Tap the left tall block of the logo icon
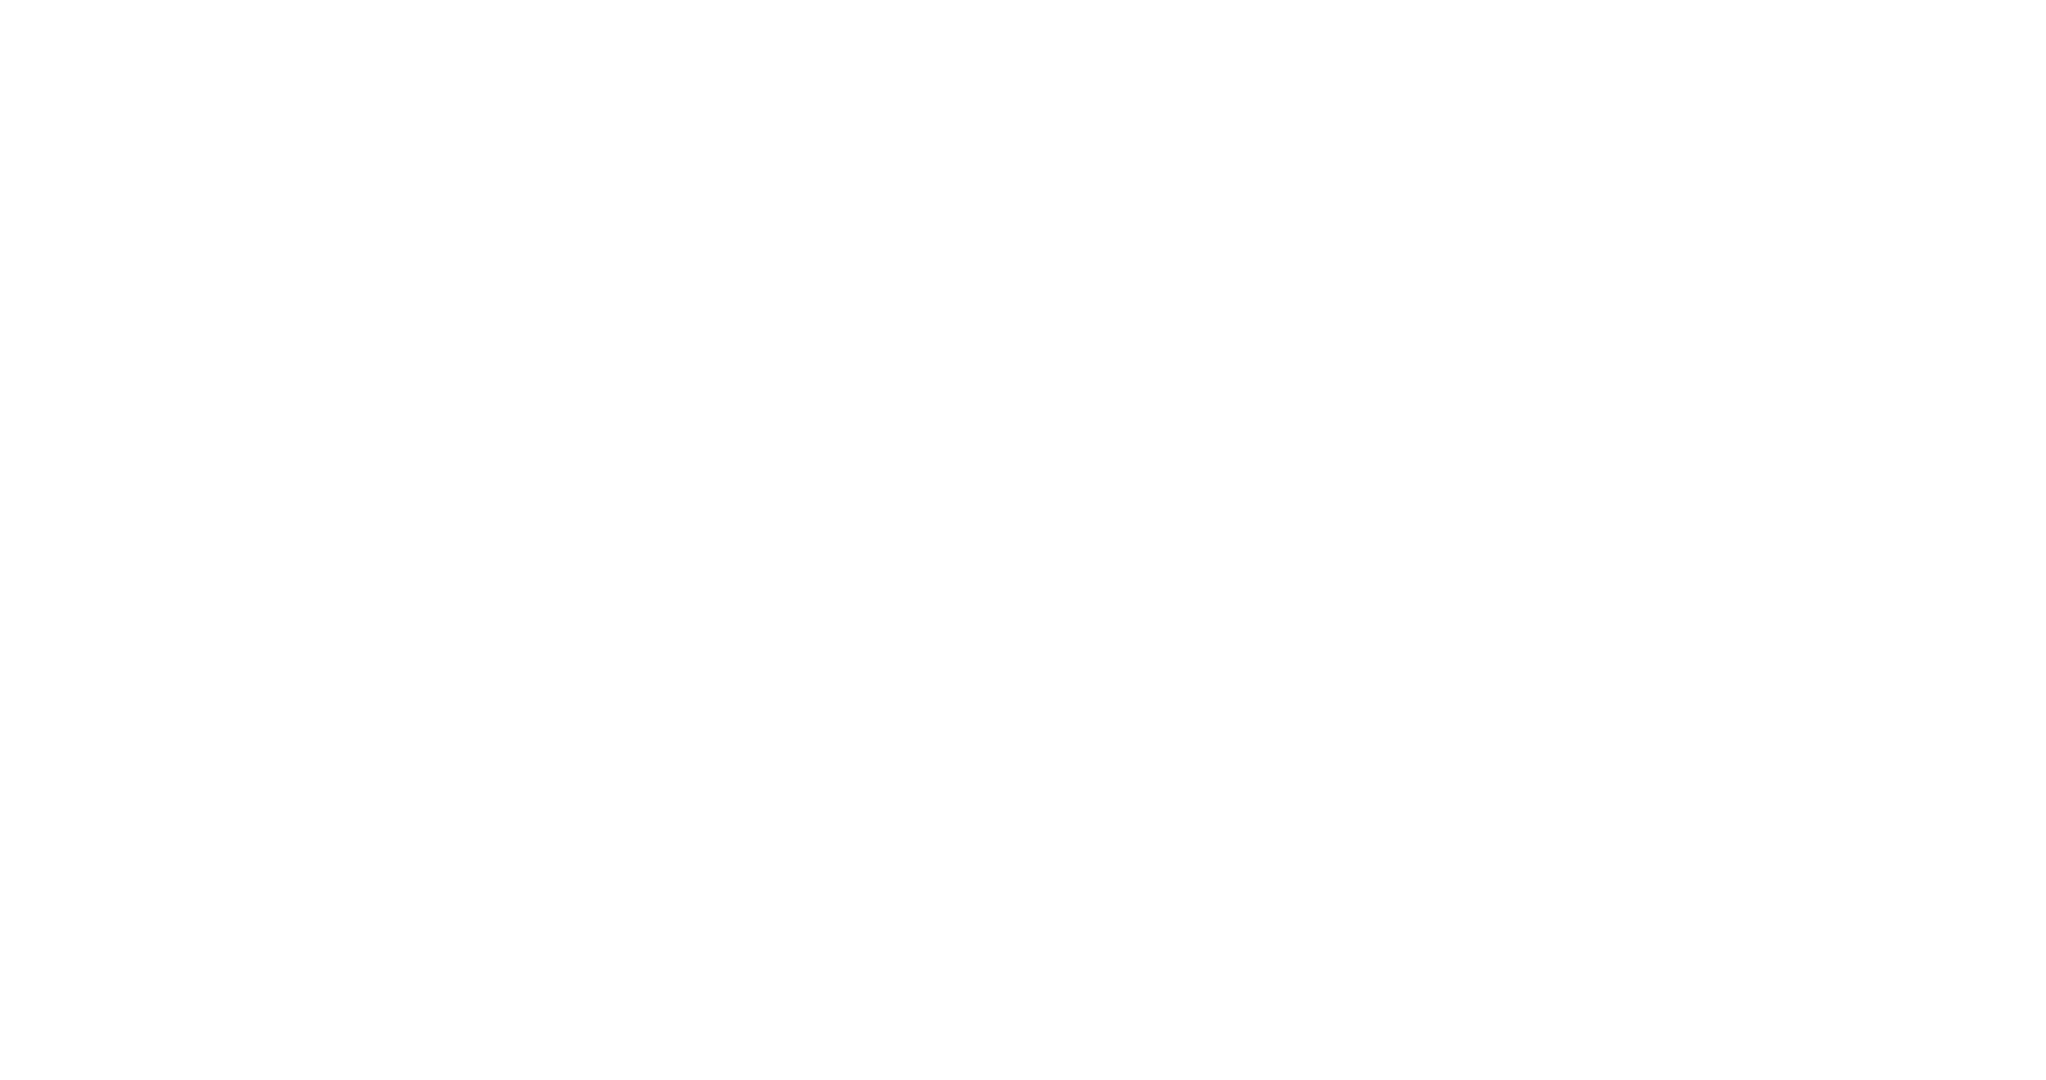[x=1589, y=49]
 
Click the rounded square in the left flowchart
[x=115, y=395]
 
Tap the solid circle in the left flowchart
[x=115, y=561]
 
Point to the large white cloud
[x=953, y=540]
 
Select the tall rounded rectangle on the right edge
[x=1922, y=411]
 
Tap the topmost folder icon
[x=1774, y=772]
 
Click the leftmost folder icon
[x=1448, y=933]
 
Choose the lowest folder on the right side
[x=1797, y=902]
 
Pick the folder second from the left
[x=1578, y=858]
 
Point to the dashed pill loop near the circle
[x=316, y=532]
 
